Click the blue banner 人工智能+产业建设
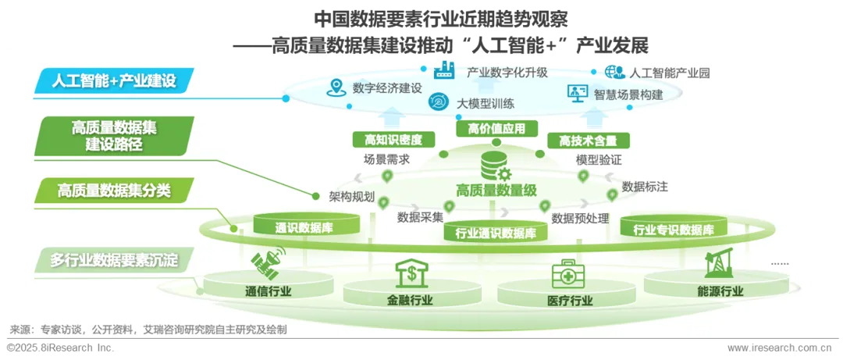(x=114, y=80)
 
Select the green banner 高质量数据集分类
(x=114, y=190)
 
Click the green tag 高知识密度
(x=393, y=140)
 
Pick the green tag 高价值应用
(x=491, y=129)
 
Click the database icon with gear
(x=495, y=166)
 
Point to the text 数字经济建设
(x=387, y=87)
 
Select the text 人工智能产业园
(x=669, y=73)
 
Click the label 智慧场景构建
(x=628, y=94)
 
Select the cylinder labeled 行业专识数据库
(x=674, y=230)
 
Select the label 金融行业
(x=410, y=300)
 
